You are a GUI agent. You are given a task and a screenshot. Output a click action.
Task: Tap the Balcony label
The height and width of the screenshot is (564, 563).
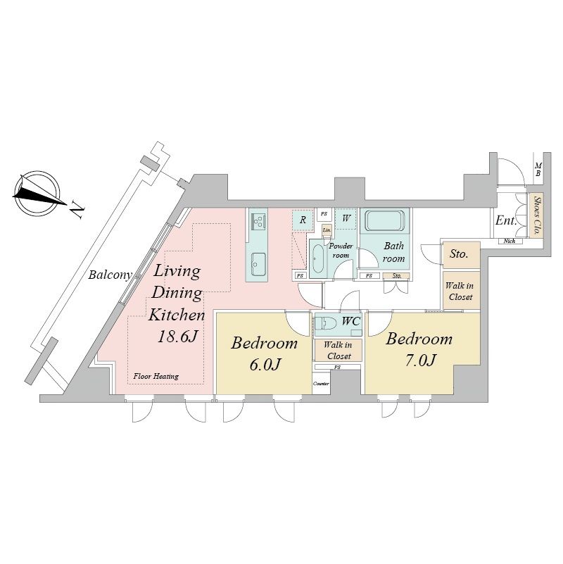pyautogui.click(x=110, y=275)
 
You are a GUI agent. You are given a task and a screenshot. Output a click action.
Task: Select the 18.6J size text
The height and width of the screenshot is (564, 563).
pyautogui.click(x=178, y=337)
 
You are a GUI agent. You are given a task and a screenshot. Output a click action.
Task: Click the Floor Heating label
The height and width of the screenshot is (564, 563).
pyautogui.click(x=156, y=376)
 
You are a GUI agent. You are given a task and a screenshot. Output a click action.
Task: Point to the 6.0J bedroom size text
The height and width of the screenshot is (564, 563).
pyautogui.click(x=265, y=364)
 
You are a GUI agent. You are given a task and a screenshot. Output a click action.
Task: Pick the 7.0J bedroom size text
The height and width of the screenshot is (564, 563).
pyautogui.click(x=421, y=360)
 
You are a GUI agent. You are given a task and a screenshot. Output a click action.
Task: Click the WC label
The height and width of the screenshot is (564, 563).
pyautogui.click(x=351, y=321)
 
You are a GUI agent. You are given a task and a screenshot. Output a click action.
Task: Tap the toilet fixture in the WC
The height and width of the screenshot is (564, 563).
pyautogui.click(x=326, y=323)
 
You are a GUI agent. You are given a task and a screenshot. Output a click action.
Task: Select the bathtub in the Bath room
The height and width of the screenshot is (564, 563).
pyautogui.click(x=385, y=221)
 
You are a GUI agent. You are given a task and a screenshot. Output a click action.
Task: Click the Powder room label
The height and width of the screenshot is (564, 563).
pyautogui.click(x=341, y=251)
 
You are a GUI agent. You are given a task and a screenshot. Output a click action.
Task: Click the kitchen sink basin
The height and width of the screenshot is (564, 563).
pyautogui.click(x=258, y=264)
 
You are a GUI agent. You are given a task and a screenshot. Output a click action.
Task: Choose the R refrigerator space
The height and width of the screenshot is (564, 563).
pyautogui.click(x=303, y=220)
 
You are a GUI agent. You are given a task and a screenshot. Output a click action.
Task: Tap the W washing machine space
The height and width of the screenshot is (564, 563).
pyautogui.click(x=346, y=218)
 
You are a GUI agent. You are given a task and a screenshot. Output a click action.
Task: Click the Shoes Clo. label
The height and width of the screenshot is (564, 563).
pyautogui.click(x=536, y=215)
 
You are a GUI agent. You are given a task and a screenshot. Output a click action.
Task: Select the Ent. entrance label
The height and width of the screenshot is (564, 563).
pyautogui.click(x=506, y=220)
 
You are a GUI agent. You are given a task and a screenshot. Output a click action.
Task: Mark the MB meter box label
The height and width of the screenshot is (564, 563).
pyautogui.click(x=538, y=170)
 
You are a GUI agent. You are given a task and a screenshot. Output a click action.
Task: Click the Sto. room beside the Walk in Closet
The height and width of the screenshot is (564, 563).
pyautogui.click(x=461, y=255)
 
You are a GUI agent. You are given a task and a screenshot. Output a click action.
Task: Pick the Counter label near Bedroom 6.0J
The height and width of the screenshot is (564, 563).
pyautogui.click(x=321, y=384)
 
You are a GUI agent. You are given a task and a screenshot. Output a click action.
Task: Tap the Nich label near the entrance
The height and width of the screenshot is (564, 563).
pyautogui.click(x=509, y=241)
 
